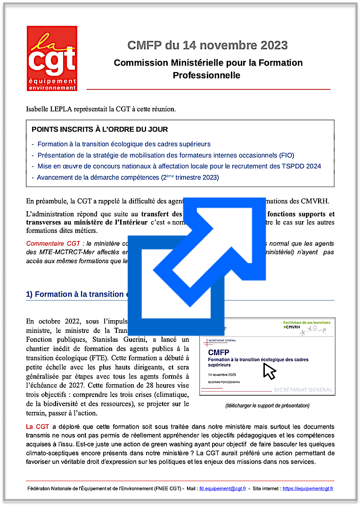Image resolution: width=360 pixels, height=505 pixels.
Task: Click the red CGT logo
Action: point(52,58)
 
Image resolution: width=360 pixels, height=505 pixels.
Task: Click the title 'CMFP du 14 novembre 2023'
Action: point(207,45)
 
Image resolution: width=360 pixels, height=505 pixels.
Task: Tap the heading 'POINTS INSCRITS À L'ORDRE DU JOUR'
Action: point(99,129)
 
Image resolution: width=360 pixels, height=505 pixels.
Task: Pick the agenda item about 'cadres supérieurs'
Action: point(123,144)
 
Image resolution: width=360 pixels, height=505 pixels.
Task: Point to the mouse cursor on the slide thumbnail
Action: point(269,371)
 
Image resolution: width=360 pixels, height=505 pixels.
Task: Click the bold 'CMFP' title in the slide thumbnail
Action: point(219,352)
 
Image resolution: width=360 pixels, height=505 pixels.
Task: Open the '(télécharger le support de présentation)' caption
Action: point(267,406)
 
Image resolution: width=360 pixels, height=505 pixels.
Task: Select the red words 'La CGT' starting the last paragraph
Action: point(36,427)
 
